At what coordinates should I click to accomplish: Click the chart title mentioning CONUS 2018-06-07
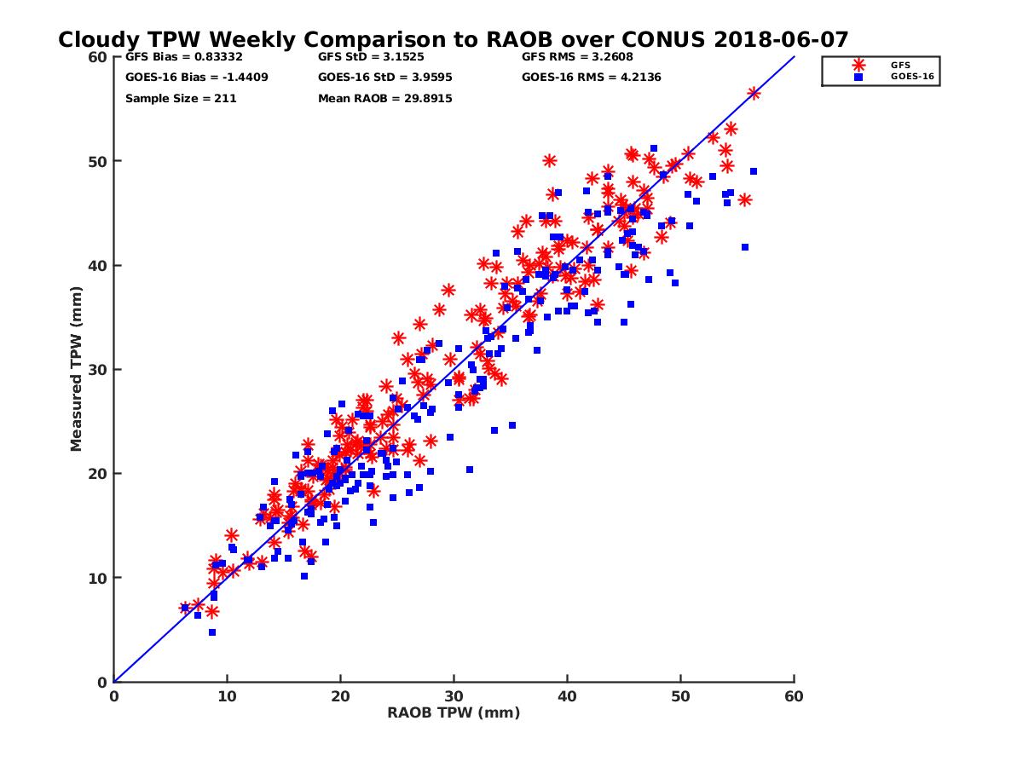[453, 39]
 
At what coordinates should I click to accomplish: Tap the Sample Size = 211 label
[181, 98]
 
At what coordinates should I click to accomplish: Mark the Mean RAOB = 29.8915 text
[384, 98]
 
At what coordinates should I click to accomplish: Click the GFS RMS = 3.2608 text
[577, 57]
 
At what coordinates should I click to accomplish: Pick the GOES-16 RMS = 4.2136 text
[592, 78]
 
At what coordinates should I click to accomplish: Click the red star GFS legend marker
[858, 65]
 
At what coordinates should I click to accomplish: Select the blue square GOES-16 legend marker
[858, 77]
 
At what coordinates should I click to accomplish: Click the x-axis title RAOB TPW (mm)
[454, 712]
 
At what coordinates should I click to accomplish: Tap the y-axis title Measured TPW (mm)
[76, 368]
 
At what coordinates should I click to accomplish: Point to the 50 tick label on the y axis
[98, 161]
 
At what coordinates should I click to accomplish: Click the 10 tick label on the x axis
[227, 696]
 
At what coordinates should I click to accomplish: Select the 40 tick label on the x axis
[567, 696]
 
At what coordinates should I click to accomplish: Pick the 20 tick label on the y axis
[98, 474]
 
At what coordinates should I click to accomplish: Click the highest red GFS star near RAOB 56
[754, 93]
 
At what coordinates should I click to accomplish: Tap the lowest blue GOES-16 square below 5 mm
[212, 632]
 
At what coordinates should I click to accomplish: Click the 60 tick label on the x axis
[794, 696]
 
